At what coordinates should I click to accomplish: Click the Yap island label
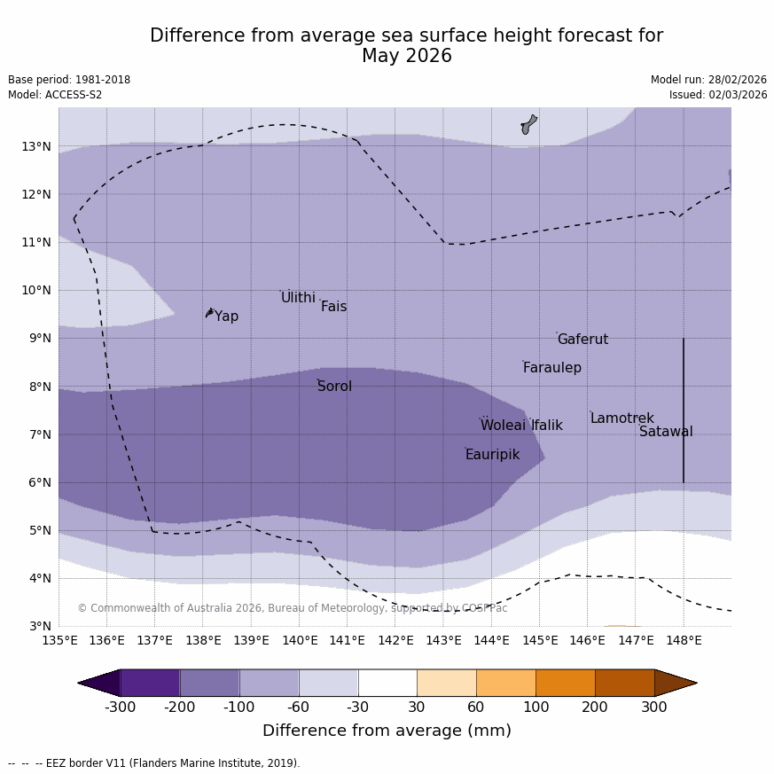click(x=226, y=317)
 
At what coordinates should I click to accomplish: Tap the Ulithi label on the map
click(x=298, y=298)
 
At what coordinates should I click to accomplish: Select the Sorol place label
click(x=334, y=387)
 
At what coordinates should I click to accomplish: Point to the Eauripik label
click(x=492, y=455)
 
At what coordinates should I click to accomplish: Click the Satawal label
click(x=666, y=432)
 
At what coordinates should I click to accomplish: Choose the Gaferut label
click(x=582, y=340)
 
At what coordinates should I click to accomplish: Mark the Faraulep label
click(x=551, y=368)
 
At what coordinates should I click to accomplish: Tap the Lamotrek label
click(x=622, y=418)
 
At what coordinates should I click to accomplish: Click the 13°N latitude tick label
click(x=35, y=146)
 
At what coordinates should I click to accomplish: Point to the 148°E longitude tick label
click(x=684, y=640)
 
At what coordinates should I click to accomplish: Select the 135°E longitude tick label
click(x=59, y=640)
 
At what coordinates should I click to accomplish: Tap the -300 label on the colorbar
click(x=121, y=708)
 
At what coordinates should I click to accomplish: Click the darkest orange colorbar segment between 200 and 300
click(x=624, y=683)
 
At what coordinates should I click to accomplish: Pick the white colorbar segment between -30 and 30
click(x=387, y=683)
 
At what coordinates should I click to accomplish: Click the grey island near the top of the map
click(x=528, y=124)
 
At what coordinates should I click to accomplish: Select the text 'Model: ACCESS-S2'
click(x=55, y=95)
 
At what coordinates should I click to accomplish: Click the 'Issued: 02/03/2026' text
click(x=718, y=95)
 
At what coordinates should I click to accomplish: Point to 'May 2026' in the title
click(x=406, y=56)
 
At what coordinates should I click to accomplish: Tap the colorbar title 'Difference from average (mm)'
click(x=387, y=731)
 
